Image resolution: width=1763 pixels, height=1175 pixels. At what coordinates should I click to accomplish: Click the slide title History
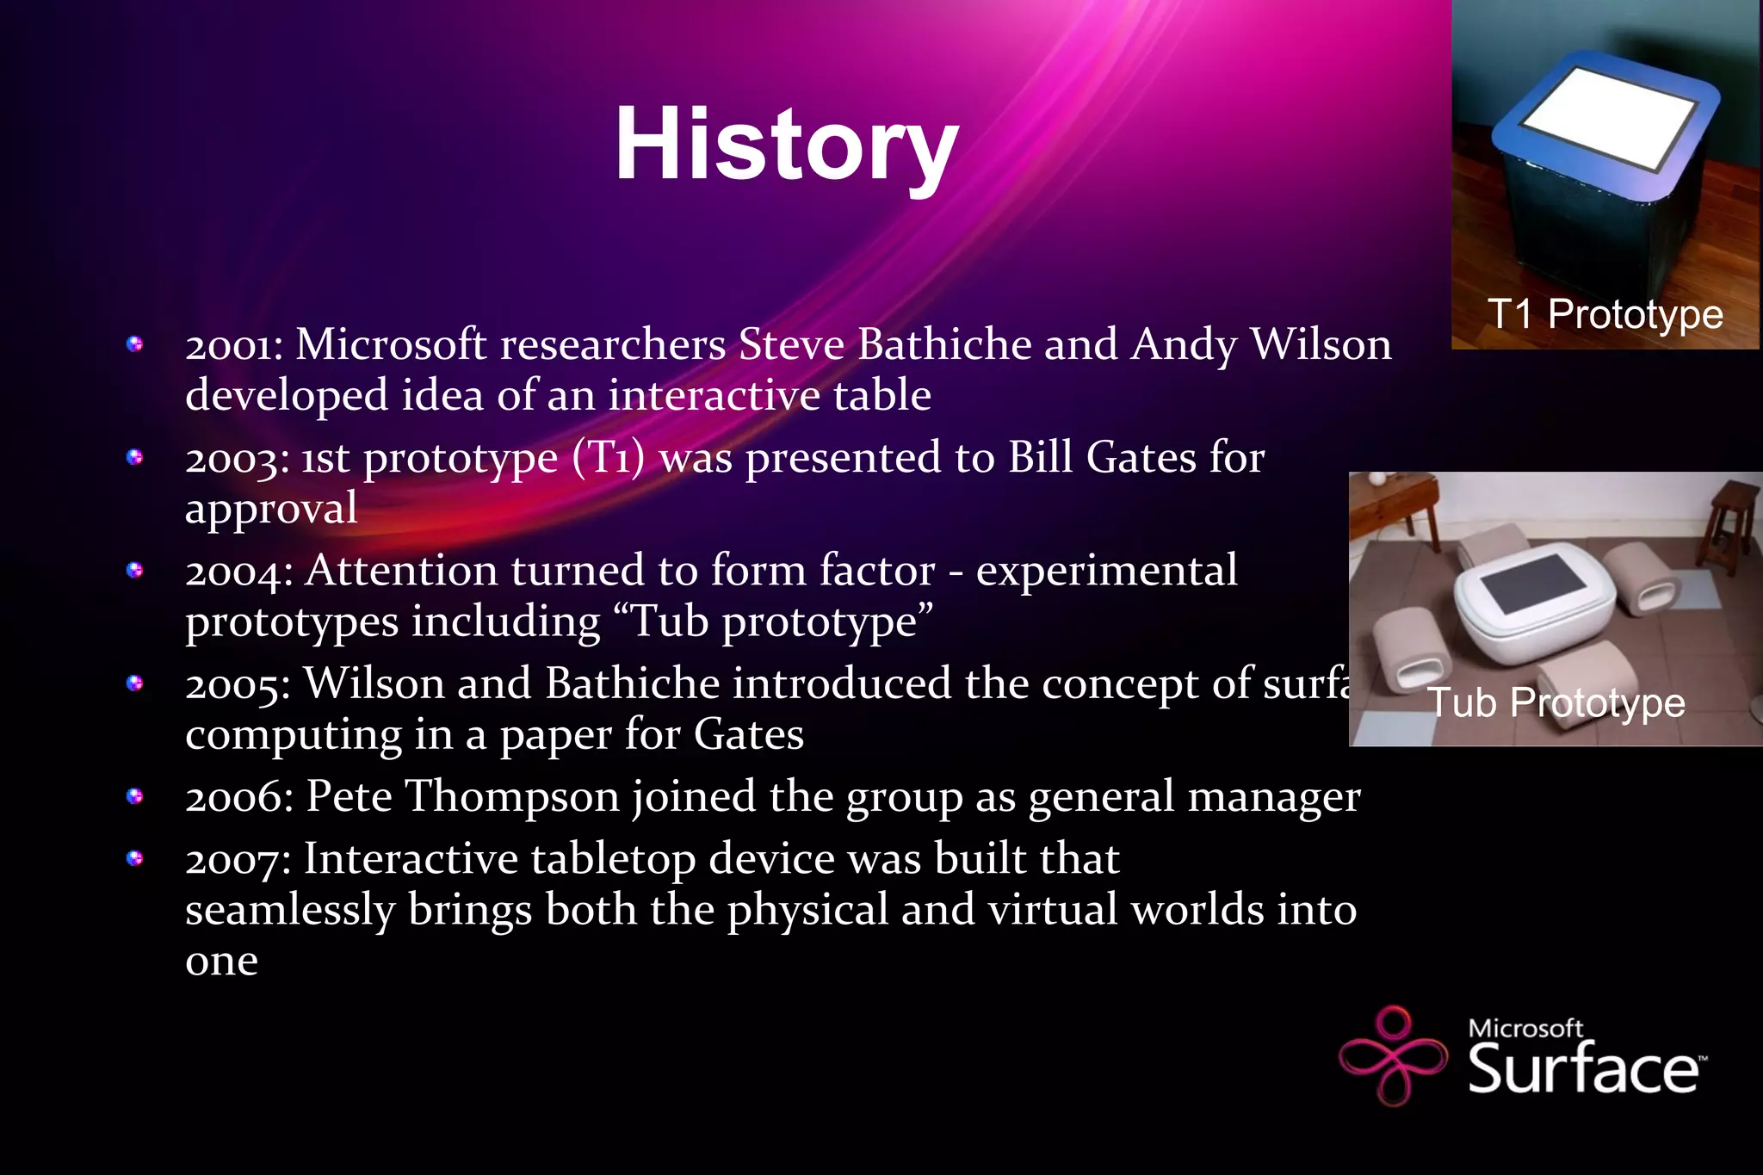click(x=786, y=145)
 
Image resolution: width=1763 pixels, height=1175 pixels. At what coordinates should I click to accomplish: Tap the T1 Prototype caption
click(x=1605, y=314)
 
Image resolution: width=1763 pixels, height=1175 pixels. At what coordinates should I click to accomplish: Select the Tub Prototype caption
click(x=1556, y=702)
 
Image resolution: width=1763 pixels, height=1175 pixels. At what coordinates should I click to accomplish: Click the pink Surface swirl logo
click(x=1393, y=1055)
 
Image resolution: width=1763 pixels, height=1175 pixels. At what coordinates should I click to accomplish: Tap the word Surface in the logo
click(x=1582, y=1069)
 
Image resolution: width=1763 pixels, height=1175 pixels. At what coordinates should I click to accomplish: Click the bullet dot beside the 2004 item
click(x=134, y=570)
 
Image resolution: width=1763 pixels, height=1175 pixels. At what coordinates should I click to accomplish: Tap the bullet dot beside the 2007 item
click(x=134, y=858)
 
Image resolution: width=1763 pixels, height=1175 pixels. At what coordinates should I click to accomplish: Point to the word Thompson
click(x=512, y=797)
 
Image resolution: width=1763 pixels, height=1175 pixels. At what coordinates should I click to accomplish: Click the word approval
click(x=271, y=509)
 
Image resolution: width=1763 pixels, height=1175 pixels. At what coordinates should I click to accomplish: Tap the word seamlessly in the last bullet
click(x=290, y=910)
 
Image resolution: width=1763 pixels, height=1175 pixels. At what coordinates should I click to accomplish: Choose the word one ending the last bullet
click(x=221, y=962)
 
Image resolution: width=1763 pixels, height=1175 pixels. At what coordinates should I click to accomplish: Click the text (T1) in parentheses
click(x=609, y=458)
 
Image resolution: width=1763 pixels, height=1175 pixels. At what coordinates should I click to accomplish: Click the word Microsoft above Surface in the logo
click(x=1525, y=1028)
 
